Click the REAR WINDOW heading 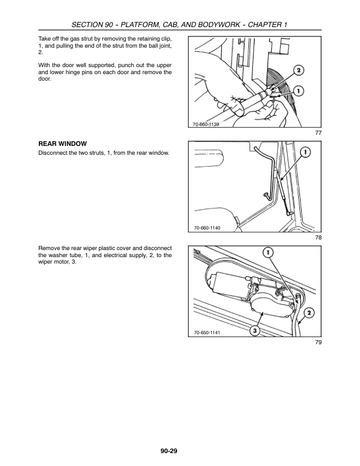pos(62,144)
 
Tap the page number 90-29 pos(168,451)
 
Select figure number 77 pos(318,133)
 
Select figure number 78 pos(318,238)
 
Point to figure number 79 pos(318,342)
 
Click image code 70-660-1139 pos(205,124)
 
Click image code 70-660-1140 pos(205,228)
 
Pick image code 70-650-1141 pos(205,333)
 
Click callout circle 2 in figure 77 pos(299,71)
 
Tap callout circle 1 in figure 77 pos(299,91)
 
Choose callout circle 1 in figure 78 pos(305,153)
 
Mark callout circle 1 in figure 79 pos(267,252)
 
